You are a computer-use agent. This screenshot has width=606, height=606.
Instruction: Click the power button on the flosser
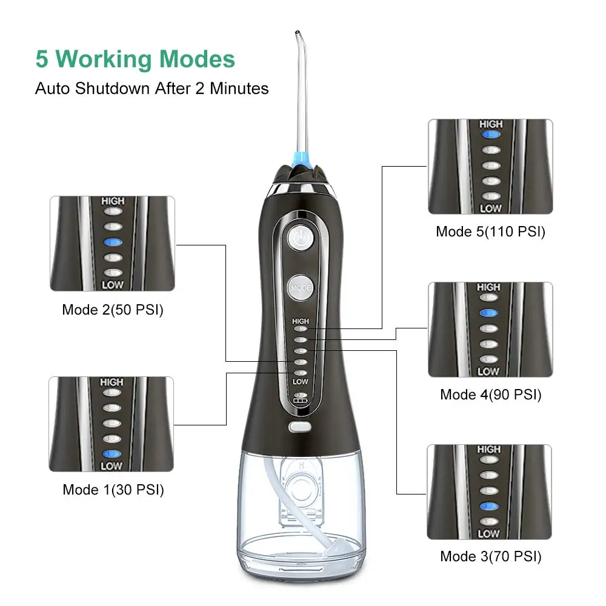point(301,237)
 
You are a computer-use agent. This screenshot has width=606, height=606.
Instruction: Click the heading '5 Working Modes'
point(135,59)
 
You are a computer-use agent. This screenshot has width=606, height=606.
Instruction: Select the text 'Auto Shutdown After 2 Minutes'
point(152,88)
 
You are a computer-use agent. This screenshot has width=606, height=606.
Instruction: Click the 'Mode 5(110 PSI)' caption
point(490,231)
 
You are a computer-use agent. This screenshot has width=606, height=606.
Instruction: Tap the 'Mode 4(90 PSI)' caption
point(490,395)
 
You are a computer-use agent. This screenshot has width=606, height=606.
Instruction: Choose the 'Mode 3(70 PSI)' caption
point(490,556)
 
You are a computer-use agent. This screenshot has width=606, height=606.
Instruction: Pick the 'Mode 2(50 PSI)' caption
point(113,310)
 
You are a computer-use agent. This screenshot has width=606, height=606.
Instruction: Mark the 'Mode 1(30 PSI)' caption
point(113,490)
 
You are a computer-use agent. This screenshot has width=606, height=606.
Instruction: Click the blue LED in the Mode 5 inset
point(491,135)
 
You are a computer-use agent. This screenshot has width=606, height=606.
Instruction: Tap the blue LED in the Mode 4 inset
point(488,313)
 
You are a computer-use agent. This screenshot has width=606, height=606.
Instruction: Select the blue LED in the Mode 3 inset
point(489,505)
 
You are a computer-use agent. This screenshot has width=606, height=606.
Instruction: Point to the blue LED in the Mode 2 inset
point(113,242)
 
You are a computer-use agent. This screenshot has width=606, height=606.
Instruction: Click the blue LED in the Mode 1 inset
point(112,454)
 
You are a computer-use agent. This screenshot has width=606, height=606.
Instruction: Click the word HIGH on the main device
point(301,321)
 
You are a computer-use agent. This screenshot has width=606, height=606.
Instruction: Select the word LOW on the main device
point(301,381)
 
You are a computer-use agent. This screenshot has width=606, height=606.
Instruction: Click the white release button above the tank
point(300,426)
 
